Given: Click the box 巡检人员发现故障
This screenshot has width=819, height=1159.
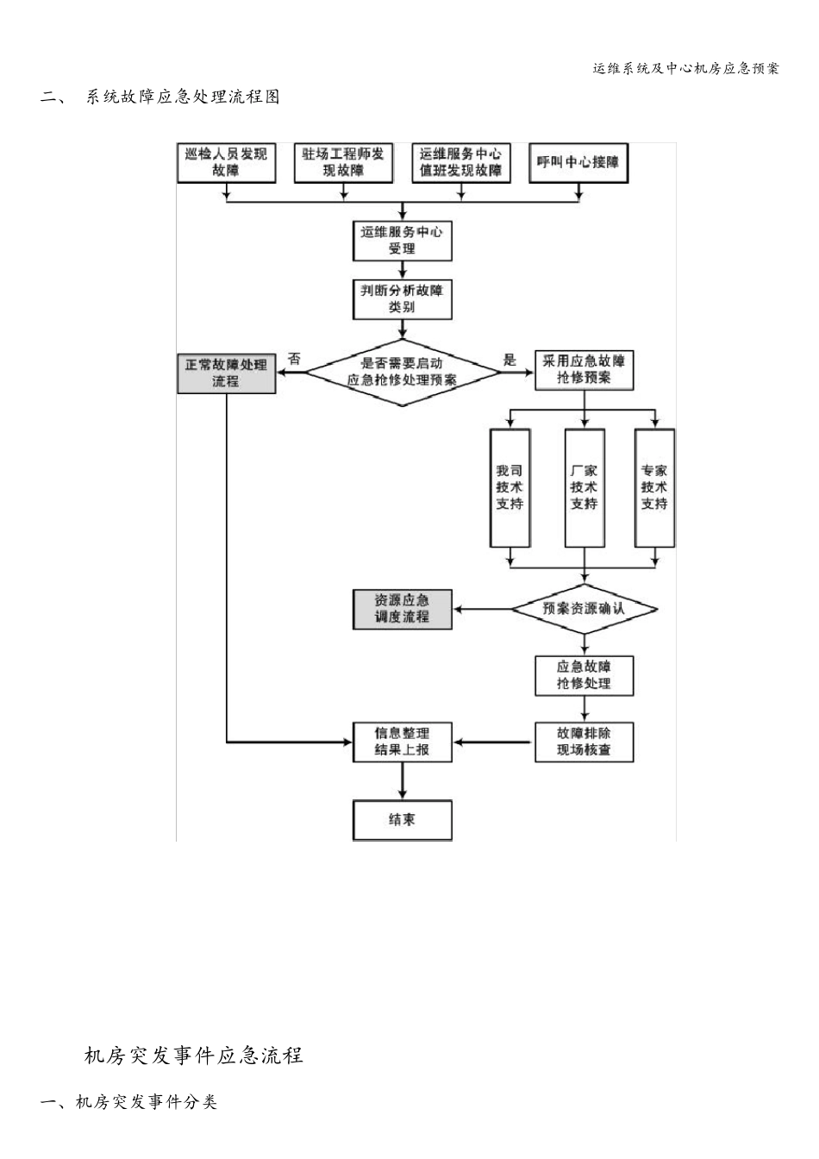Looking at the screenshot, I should (x=226, y=162).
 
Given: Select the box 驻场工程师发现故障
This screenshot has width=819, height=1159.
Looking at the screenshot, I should (x=343, y=162).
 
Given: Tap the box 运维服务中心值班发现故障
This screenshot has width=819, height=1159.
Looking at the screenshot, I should (x=460, y=162).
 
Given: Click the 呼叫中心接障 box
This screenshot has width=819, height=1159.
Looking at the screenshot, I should (x=578, y=162).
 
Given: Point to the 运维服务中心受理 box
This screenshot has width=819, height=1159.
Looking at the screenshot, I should (x=402, y=241).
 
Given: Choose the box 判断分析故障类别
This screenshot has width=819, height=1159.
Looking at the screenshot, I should (x=402, y=298).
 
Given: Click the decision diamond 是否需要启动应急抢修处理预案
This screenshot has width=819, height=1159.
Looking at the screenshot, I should (x=402, y=372).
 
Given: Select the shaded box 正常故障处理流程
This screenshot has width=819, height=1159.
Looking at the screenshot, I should (x=226, y=373).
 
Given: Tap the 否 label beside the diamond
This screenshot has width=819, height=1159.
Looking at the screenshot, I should (x=295, y=359).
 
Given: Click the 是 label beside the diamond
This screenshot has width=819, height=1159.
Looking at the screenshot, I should (x=510, y=359).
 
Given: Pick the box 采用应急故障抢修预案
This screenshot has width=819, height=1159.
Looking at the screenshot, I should (x=584, y=369).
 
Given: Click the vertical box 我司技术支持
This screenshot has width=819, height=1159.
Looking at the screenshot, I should (x=510, y=487).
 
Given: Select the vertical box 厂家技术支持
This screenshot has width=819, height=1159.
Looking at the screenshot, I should (x=584, y=487).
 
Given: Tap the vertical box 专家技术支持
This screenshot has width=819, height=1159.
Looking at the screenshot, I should (x=654, y=487).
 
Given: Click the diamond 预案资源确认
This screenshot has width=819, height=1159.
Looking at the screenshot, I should (x=584, y=609).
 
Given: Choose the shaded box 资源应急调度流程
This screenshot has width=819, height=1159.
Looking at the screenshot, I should (x=402, y=609).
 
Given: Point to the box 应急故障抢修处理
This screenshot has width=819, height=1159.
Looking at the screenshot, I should (x=584, y=674).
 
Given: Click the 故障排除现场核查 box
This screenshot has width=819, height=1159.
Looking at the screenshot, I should (x=584, y=742).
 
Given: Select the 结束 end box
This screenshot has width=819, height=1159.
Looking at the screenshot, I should (x=402, y=819).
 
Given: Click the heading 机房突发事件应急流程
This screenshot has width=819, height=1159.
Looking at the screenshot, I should (x=193, y=1055).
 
